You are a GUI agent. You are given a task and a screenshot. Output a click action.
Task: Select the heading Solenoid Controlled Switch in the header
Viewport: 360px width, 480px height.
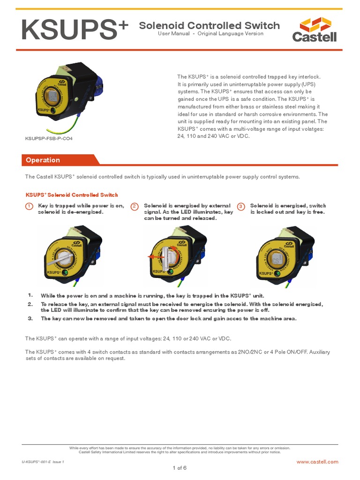209,25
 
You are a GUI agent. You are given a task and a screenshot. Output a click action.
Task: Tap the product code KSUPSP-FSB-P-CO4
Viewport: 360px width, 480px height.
49,139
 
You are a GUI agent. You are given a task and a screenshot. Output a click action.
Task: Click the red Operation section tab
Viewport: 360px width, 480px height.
43,160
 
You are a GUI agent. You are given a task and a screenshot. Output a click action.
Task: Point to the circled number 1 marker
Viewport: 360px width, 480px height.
29,206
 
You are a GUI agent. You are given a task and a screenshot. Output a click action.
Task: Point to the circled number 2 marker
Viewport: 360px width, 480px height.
135,206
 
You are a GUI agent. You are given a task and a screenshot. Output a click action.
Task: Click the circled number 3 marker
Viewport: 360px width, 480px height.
241,206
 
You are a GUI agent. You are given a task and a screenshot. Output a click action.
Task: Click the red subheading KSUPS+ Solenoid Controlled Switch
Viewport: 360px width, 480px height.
71,195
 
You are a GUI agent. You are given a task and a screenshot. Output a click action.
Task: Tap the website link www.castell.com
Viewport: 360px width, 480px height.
317,462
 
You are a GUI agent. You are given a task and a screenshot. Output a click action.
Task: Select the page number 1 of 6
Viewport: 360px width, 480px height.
180,468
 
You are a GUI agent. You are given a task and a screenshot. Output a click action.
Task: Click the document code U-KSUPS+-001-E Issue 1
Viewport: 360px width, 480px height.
43,462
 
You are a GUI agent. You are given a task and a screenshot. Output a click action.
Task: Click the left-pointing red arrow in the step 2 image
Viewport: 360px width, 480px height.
151,257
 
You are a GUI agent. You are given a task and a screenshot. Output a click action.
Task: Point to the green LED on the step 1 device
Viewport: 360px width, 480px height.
67,272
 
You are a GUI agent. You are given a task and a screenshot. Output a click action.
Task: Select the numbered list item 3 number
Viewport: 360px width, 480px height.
30,318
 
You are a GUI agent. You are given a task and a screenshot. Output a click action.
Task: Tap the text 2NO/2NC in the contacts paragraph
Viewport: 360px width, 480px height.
244,352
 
